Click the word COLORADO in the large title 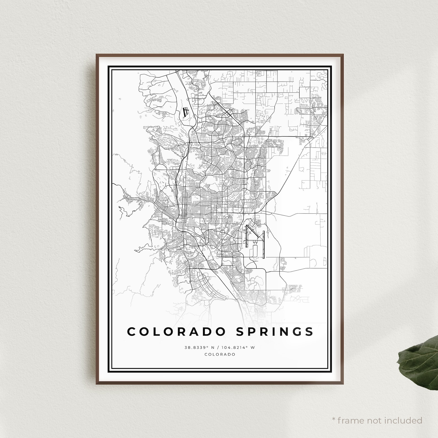177,332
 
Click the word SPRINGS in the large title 275,332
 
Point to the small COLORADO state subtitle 220,354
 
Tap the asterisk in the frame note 334,420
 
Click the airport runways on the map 255,240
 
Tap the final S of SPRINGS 309,332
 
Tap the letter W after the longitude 253,348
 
